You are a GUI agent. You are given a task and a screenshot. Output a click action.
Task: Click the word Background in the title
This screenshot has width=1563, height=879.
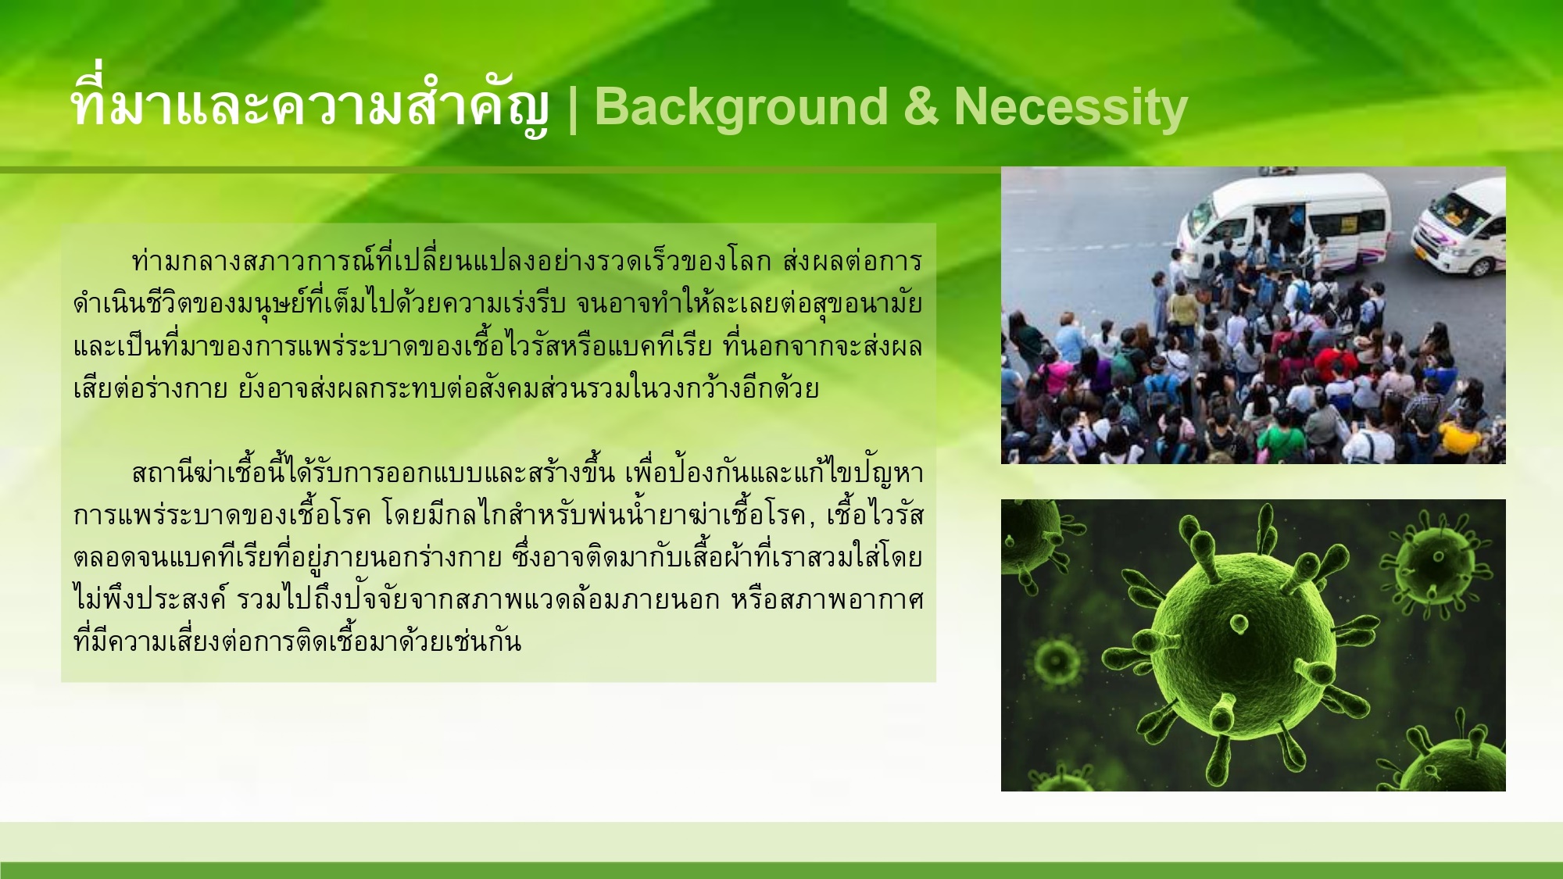click(741, 108)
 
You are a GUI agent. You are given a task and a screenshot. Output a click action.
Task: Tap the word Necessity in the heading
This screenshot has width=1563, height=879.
click(1071, 108)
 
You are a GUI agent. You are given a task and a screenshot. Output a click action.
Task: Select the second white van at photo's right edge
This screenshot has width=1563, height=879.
click(1460, 227)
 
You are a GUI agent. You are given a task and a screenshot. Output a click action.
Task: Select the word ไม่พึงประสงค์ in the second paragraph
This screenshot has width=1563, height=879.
click(148, 599)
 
